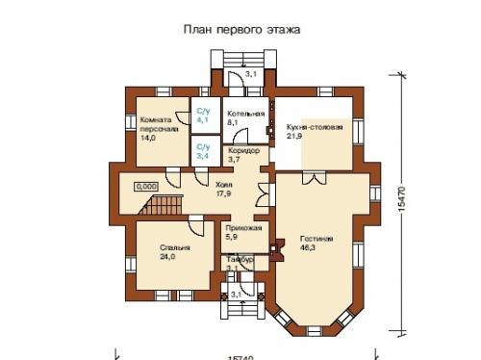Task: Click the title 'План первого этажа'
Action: click(241, 30)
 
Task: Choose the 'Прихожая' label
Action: click(239, 228)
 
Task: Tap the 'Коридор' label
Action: click(244, 151)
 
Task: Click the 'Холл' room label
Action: click(224, 182)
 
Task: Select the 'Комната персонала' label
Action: click(157, 124)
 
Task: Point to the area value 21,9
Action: click(294, 136)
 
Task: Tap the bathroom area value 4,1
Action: click(203, 119)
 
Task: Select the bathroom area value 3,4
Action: click(202, 154)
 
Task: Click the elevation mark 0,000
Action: click(147, 185)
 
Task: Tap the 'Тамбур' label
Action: click(240, 260)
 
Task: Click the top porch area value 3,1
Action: click(250, 73)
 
